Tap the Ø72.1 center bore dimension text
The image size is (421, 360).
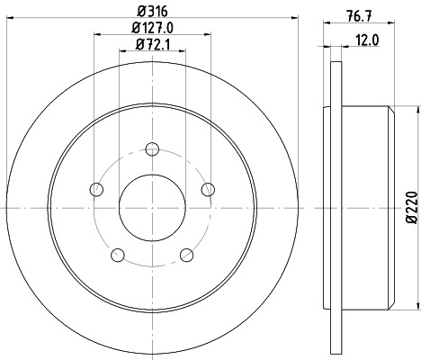(x=152, y=44)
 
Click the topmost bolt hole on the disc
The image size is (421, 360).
(x=152, y=149)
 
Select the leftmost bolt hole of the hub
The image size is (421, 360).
(x=96, y=189)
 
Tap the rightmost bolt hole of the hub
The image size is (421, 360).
(x=208, y=188)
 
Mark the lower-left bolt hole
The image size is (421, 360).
(x=118, y=255)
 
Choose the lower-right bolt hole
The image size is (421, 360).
(x=186, y=255)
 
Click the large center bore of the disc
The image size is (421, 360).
(x=152, y=207)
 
